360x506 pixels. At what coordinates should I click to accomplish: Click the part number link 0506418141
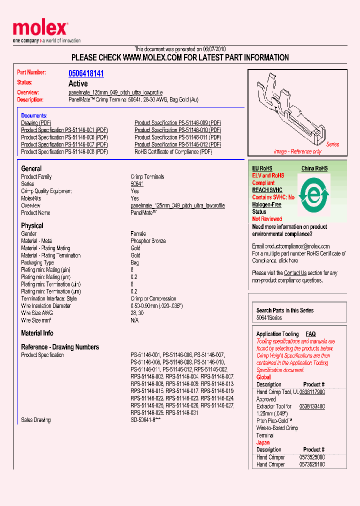[86, 73]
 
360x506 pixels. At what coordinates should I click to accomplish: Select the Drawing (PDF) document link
[36, 123]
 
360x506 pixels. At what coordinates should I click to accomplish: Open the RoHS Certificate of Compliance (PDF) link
[173, 151]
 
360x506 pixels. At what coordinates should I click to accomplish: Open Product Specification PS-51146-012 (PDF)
[177, 144]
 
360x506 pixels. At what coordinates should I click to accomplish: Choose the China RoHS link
[314, 168]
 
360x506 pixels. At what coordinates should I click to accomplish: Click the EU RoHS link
[262, 168]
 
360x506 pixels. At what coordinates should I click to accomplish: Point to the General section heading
[31, 168]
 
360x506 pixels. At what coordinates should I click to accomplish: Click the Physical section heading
[32, 225]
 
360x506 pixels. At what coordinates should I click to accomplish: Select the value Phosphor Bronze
[148, 241]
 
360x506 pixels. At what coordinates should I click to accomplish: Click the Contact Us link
[295, 273]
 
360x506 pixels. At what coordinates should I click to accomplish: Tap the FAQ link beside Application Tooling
[310, 334]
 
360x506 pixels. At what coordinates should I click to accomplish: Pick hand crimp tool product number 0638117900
[312, 392]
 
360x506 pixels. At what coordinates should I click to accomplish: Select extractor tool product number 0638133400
[312, 406]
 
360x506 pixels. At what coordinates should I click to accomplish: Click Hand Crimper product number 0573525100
[312, 464]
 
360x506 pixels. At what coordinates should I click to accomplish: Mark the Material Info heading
[37, 333]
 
